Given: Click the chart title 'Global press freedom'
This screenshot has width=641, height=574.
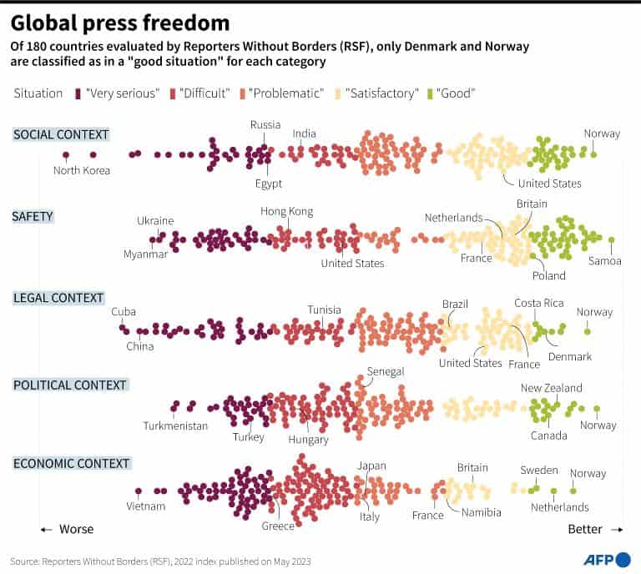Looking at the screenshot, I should (121, 23).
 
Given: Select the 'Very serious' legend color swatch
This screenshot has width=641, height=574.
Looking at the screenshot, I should (78, 93).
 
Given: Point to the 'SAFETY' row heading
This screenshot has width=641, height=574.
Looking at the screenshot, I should (33, 216).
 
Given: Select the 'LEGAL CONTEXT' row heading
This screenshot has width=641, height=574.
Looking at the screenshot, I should (58, 298).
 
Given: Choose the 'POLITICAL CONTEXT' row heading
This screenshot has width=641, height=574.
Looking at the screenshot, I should (70, 385).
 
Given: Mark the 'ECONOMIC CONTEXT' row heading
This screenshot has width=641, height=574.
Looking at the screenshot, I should (71, 463).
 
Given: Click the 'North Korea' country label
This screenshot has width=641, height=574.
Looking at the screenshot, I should (82, 171).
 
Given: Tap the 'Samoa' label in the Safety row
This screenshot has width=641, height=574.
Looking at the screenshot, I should (605, 261).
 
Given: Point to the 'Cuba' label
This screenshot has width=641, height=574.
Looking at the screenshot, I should (123, 311).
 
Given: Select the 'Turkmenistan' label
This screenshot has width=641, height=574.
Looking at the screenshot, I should (175, 425).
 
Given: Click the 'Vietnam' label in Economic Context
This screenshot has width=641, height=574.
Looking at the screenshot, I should (146, 506).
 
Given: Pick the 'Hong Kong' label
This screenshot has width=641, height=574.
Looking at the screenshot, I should (286, 212).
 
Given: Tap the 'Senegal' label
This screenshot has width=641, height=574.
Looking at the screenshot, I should (386, 371).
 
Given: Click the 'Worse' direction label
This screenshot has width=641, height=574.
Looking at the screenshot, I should (76, 529).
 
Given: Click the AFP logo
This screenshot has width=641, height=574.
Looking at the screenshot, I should (606, 559).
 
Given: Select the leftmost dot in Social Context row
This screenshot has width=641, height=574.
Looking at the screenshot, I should (65, 154).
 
